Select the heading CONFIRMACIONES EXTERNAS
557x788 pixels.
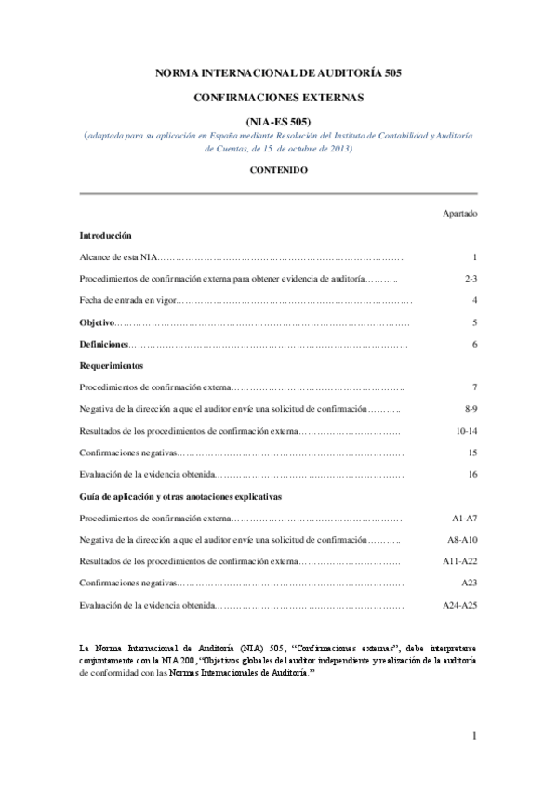[279, 96]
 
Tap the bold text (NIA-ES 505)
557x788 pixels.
[279, 120]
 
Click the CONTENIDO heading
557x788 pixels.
[279, 171]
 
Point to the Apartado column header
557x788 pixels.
[460, 213]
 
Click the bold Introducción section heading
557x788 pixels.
[106, 236]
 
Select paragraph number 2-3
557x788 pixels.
[471, 278]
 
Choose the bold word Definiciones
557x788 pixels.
[103, 345]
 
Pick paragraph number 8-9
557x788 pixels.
[471, 409]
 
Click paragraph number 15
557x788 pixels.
[472, 453]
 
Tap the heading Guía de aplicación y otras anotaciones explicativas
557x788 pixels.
[180, 496]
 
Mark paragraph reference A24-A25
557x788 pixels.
[460, 606]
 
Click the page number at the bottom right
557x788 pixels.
[474, 737]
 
